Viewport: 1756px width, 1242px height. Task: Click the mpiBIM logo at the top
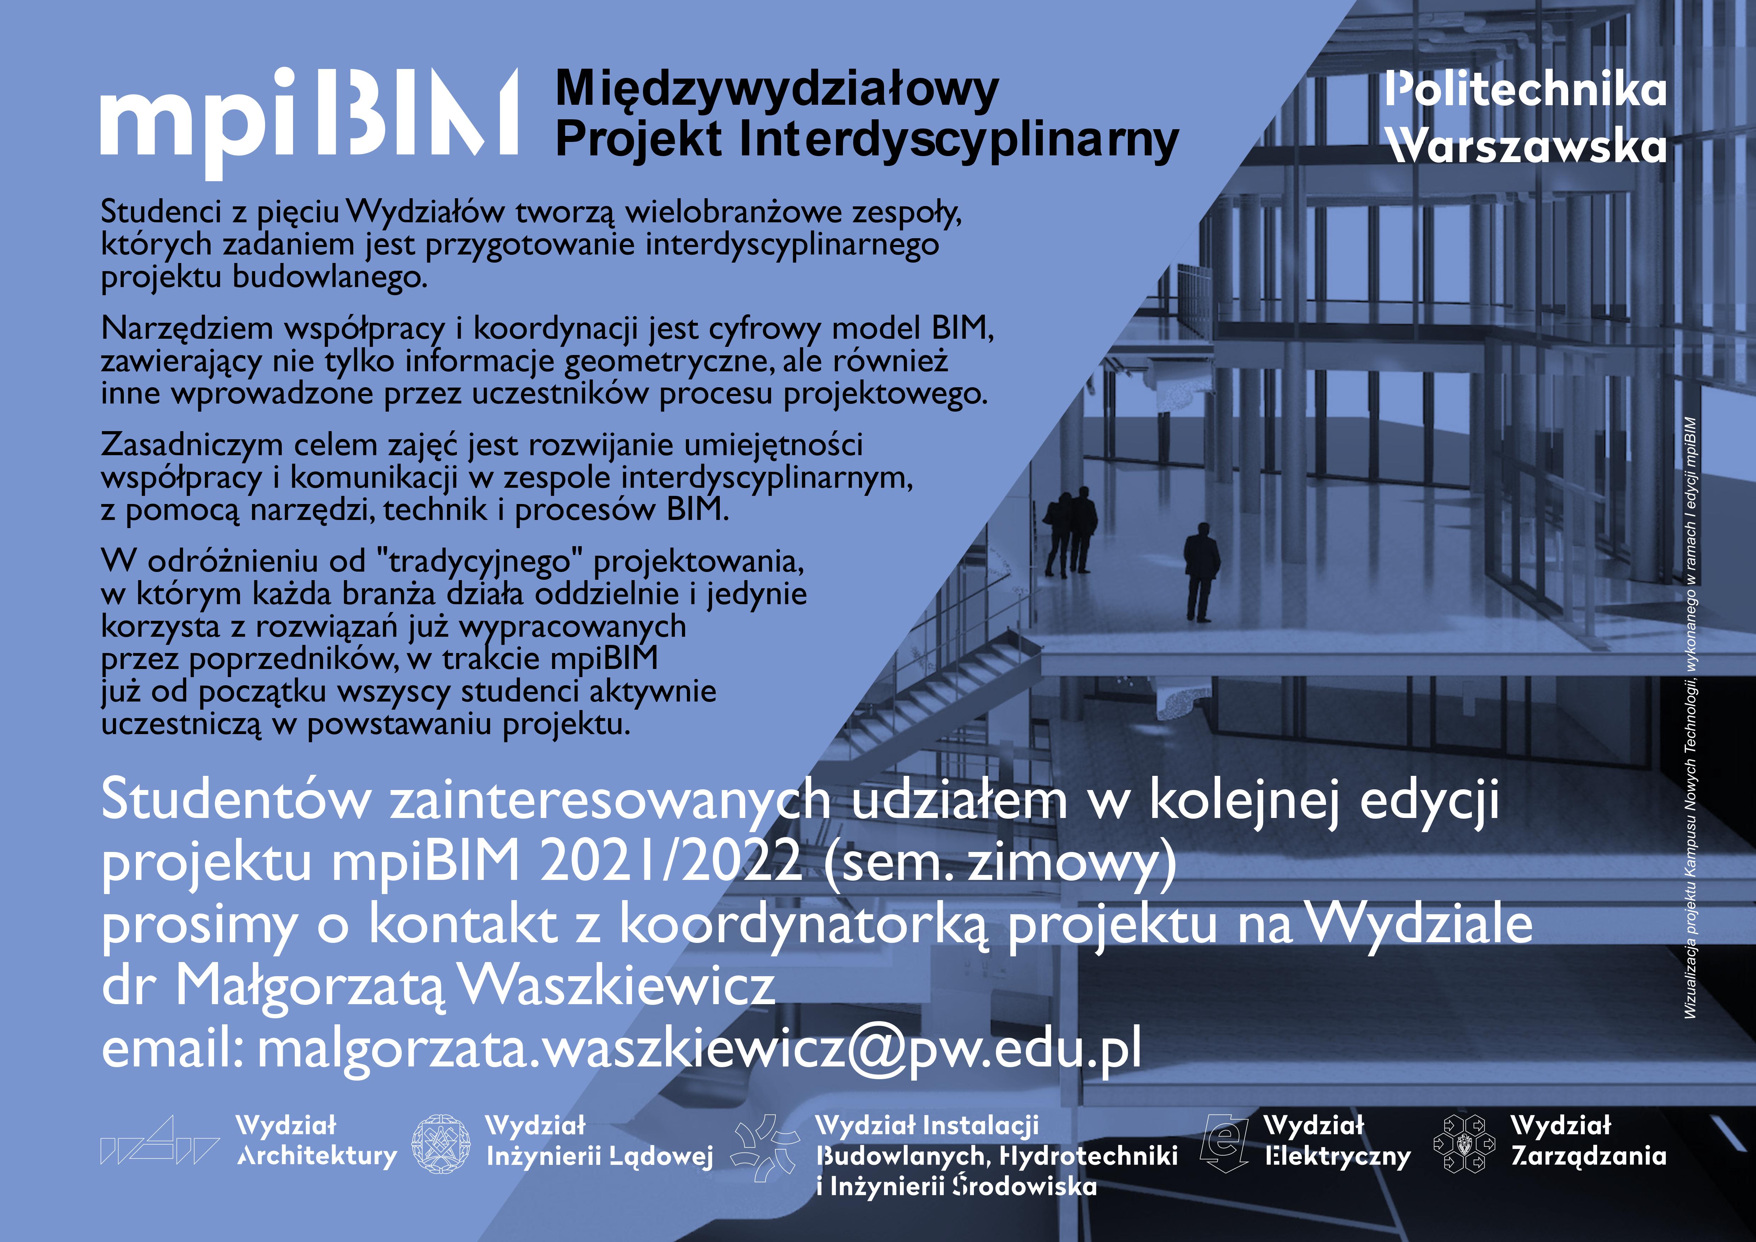(309, 122)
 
